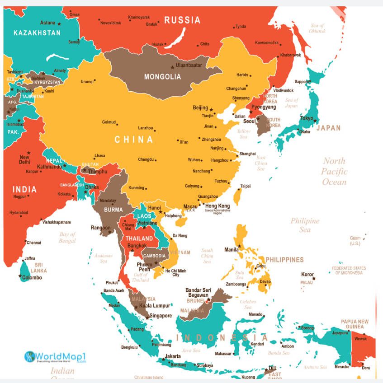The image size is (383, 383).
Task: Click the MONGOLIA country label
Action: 162,77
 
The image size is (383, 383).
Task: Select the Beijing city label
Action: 200,107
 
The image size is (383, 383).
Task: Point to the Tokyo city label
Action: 307,118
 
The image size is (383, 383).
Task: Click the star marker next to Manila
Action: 240,246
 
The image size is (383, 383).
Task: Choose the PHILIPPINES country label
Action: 284,260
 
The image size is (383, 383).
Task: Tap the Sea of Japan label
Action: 292,103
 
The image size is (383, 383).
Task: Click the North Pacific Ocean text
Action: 334,172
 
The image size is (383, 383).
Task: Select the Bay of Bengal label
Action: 67,238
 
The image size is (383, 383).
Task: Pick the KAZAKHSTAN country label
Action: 37,33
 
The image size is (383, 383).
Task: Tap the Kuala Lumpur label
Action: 155,306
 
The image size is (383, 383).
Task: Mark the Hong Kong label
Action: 218,206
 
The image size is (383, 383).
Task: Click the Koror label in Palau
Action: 307,274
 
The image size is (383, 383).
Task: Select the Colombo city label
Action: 32,277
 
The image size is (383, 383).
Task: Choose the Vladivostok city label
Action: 283,90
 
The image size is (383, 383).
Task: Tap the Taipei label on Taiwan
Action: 246,186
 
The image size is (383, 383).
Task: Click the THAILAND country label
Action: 139,238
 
